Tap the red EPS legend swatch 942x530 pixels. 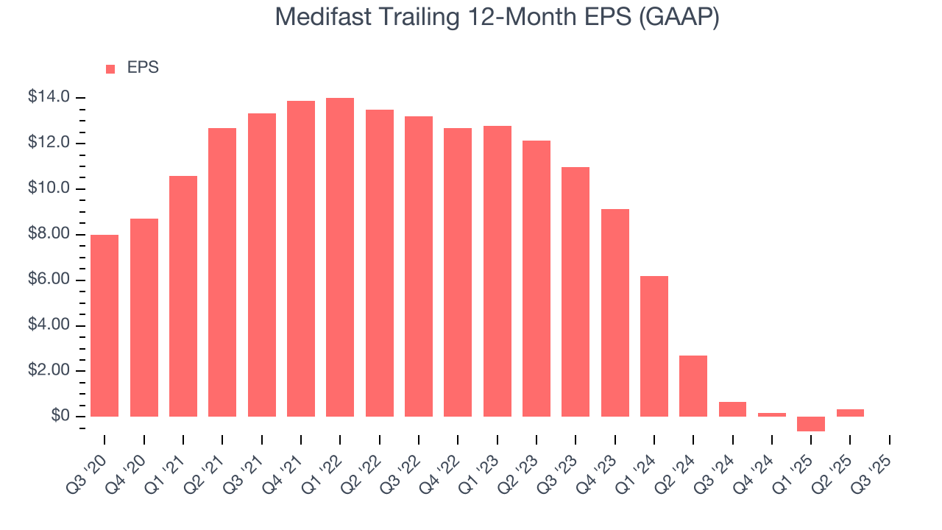pos(110,68)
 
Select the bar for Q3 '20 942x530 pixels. pos(105,325)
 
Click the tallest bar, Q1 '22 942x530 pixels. pos(340,257)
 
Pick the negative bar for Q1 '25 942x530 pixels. pos(811,424)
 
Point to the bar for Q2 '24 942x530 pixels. pos(693,386)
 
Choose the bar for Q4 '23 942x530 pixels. pos(615,313)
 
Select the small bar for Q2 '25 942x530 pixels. pos(850,413)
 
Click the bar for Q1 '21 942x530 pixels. pos(183,296)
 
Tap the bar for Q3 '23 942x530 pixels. pos(576,291)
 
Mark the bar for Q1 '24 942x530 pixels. pos(654,346)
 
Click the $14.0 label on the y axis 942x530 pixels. pos(49,97)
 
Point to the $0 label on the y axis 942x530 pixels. pos(60,417)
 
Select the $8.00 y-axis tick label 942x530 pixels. pos(49,234)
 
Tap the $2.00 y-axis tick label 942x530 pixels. pos(49,371)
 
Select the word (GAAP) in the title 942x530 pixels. pos(679,18)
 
